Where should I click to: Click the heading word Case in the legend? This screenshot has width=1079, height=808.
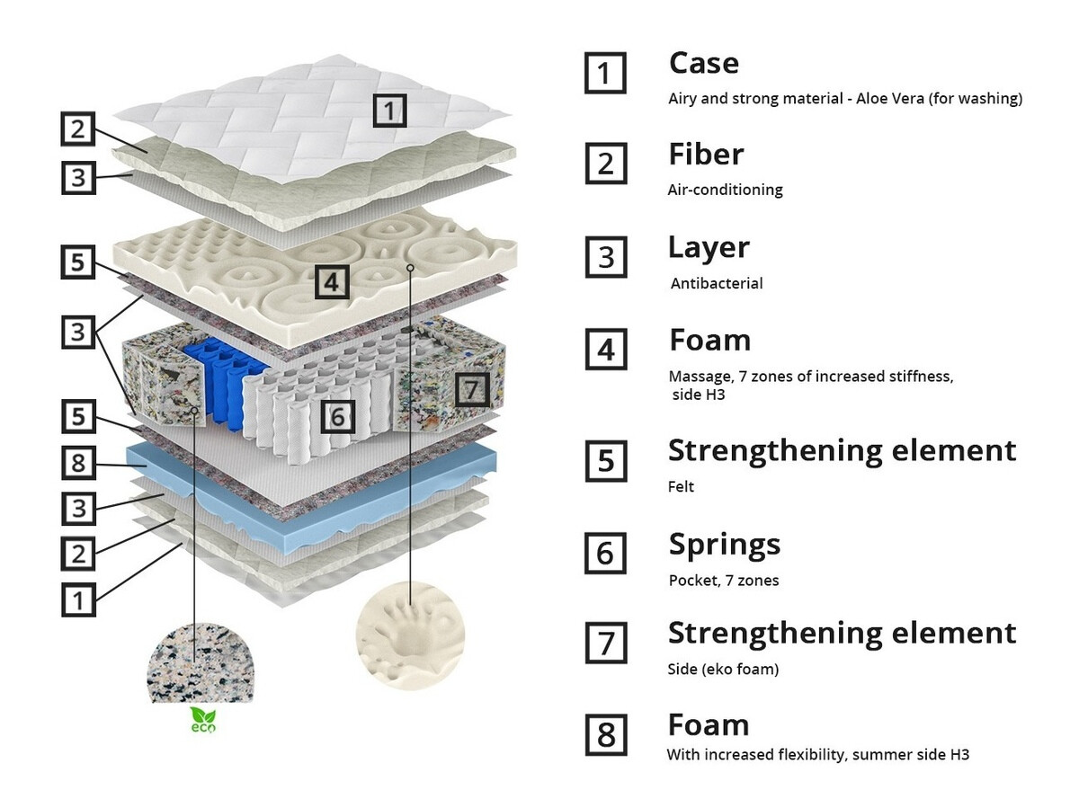point(703,64)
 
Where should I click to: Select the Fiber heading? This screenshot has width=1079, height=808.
point(706,155)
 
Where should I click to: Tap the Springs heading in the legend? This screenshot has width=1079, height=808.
point(724,545)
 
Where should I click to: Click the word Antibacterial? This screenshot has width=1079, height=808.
point(717,283)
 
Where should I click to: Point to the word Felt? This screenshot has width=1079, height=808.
point(681,487)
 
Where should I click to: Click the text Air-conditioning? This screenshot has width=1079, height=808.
point(725,190)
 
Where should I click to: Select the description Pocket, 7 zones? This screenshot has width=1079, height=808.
point(723,581)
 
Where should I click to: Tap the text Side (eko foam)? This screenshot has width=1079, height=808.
point(723,670)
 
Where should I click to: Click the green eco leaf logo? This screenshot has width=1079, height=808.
point(202,720)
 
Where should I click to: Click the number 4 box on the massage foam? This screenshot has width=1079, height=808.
point(332,282)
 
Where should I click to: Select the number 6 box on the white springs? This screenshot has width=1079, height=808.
point(337,415)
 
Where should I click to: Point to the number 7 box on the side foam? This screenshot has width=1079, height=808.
point(473,389)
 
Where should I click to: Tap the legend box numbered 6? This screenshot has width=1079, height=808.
point(606,554)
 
